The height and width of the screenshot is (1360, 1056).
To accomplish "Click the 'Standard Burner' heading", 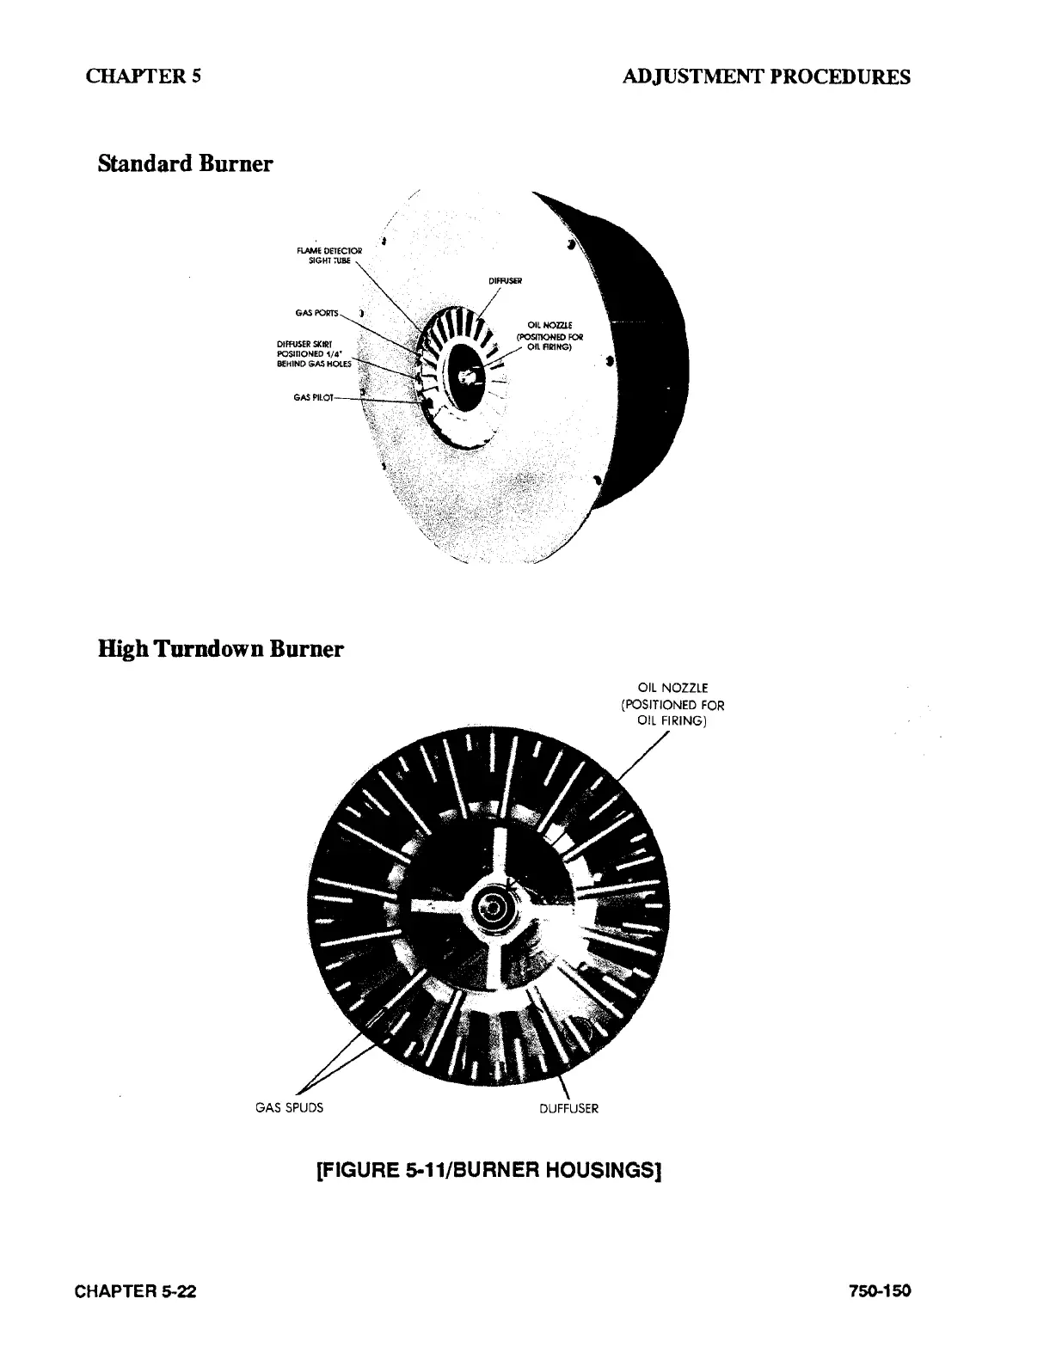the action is pyautogui.click(x=186, y=163).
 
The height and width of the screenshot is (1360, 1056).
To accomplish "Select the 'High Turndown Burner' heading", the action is pyautogui.click(x=221, y=648).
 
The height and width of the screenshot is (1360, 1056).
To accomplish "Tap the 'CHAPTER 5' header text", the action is pyautogui.click(x=144, y=76).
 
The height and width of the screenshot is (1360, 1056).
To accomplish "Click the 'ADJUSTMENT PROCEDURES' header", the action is pyautogui.click(x=766, y=77).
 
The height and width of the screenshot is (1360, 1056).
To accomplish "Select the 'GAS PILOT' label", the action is pyautogui.click(x=311, y=397).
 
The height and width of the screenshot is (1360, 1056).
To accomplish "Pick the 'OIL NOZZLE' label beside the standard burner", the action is pyautogui.click(x=548, y=336).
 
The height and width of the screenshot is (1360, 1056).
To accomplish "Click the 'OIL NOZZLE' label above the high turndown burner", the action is pyautogui.click(x=672, y=705).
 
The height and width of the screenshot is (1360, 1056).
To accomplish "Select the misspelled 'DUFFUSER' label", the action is pyautogui.click(x=568, y=1108).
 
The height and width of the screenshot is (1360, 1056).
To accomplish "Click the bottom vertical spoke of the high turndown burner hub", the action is pyautogui.click(x=494, y=963).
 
